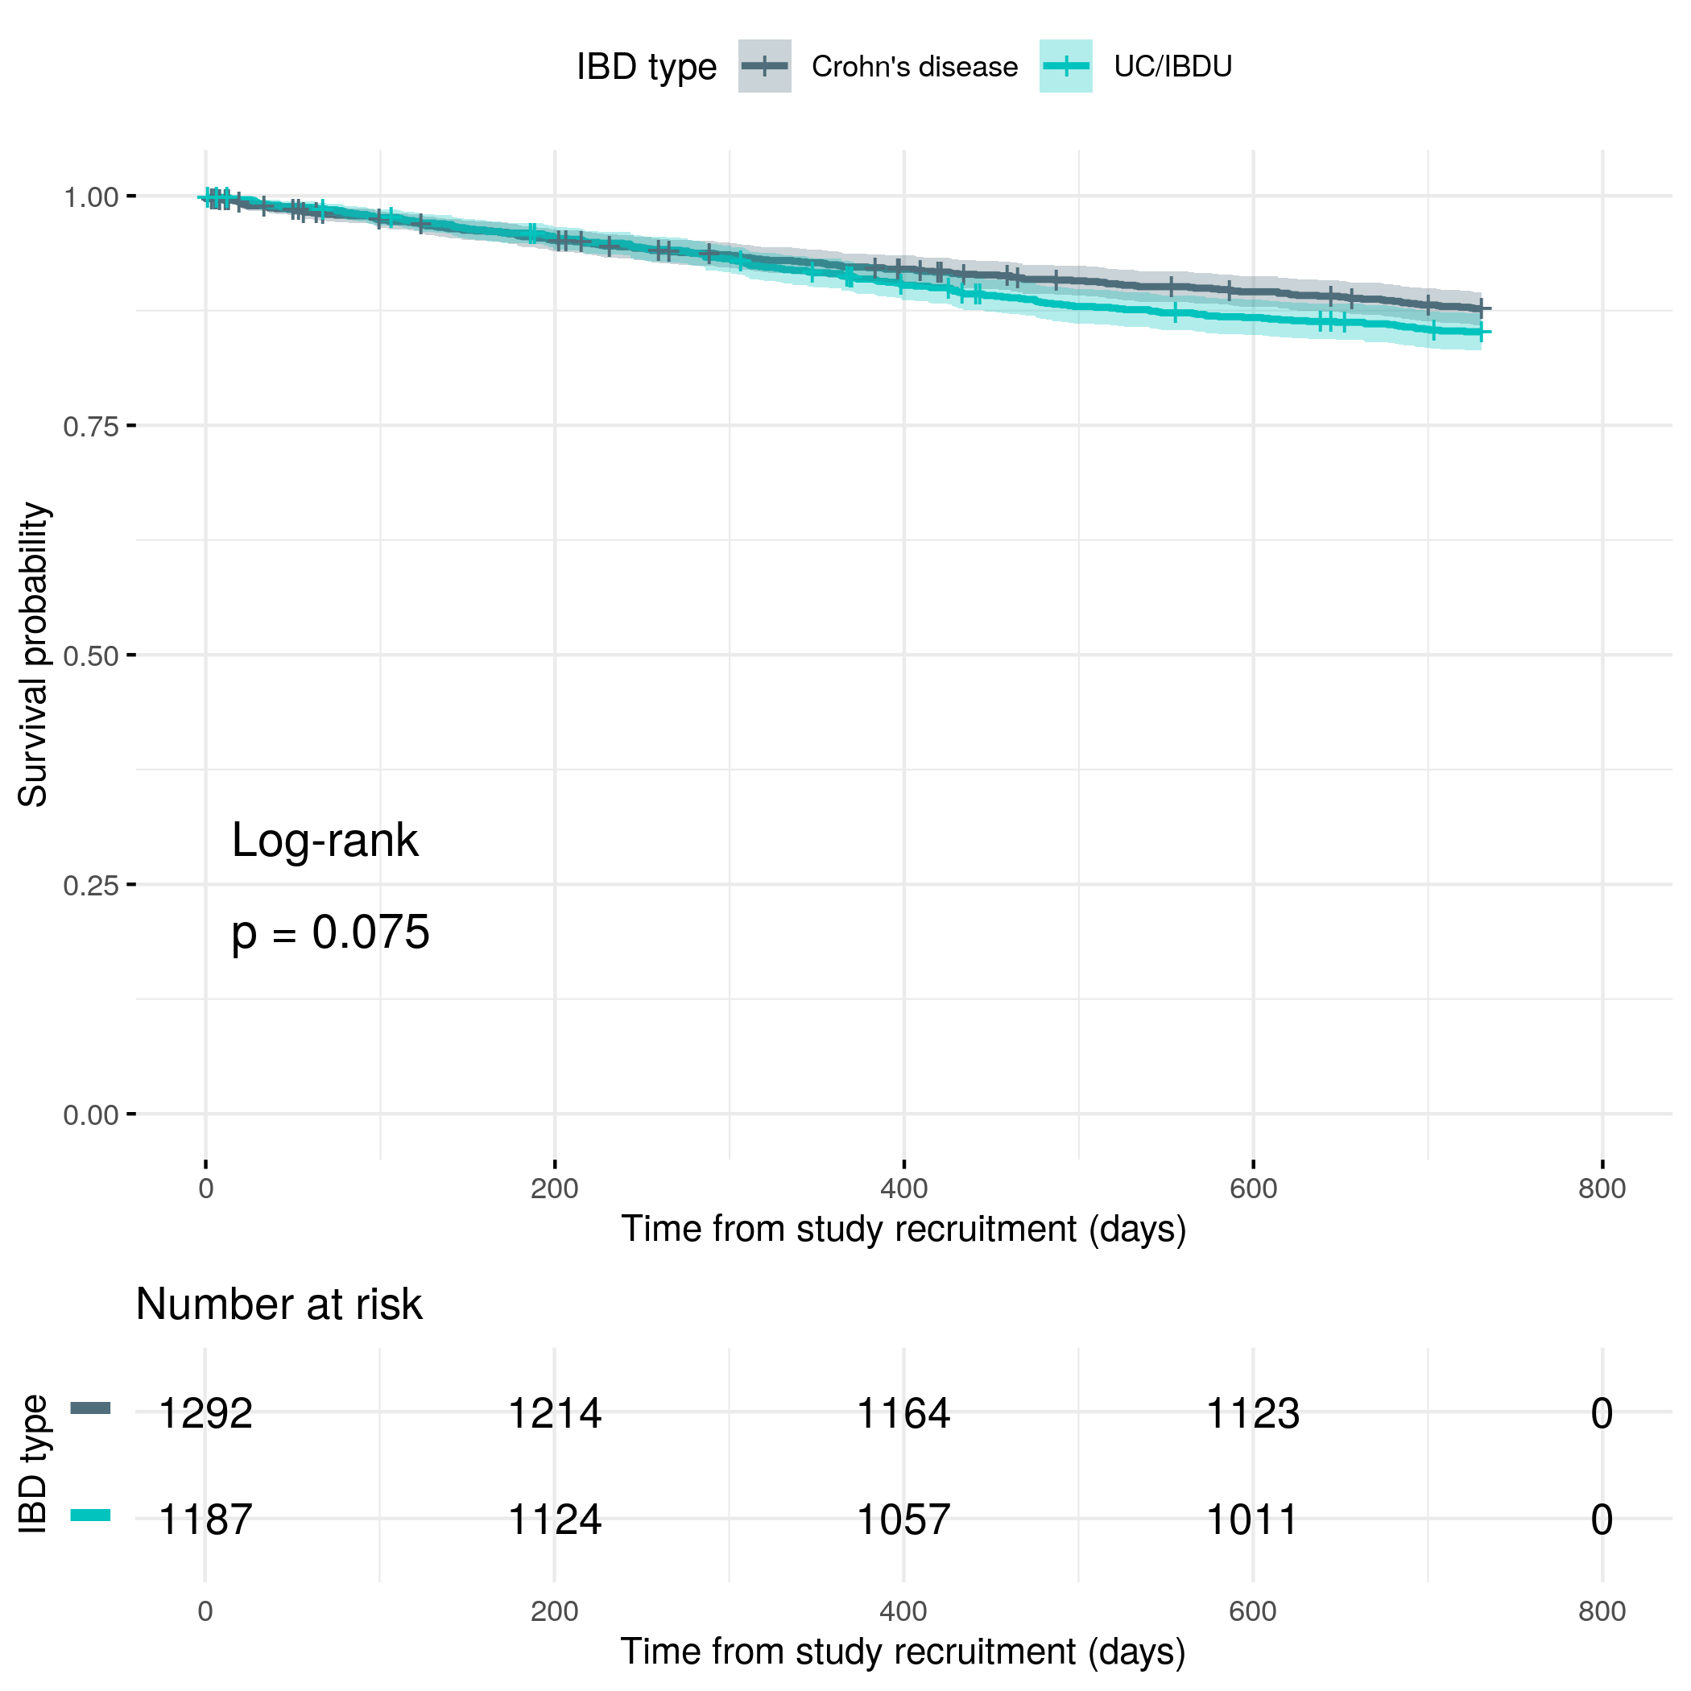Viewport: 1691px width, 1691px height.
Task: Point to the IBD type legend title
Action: coord(646,67)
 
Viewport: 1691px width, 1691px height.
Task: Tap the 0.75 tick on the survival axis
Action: coord(91,426)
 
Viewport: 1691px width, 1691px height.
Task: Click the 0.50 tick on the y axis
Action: coord(91,655)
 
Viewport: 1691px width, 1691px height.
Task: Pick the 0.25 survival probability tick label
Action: coord(91,885)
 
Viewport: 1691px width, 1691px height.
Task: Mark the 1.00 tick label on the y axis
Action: coord(91,197)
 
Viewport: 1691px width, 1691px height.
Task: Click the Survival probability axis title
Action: coord(33,655)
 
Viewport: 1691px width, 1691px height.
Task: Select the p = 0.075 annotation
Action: coord(330,932)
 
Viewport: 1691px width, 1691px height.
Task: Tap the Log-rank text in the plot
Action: coord(325,840)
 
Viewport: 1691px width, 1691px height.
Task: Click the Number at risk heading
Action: coord(279,1304)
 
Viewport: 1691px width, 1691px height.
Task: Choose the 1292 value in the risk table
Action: coord(205,1412)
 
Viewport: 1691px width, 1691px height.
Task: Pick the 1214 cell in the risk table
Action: coord(554,1412)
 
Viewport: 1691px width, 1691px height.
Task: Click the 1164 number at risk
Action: coord(903,1412)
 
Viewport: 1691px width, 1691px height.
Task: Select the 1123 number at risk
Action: coord(1252,1412)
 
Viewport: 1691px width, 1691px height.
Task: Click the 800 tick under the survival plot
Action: coord(1602,1189)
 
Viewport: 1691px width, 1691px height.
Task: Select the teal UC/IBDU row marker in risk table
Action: coord(90,1515)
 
